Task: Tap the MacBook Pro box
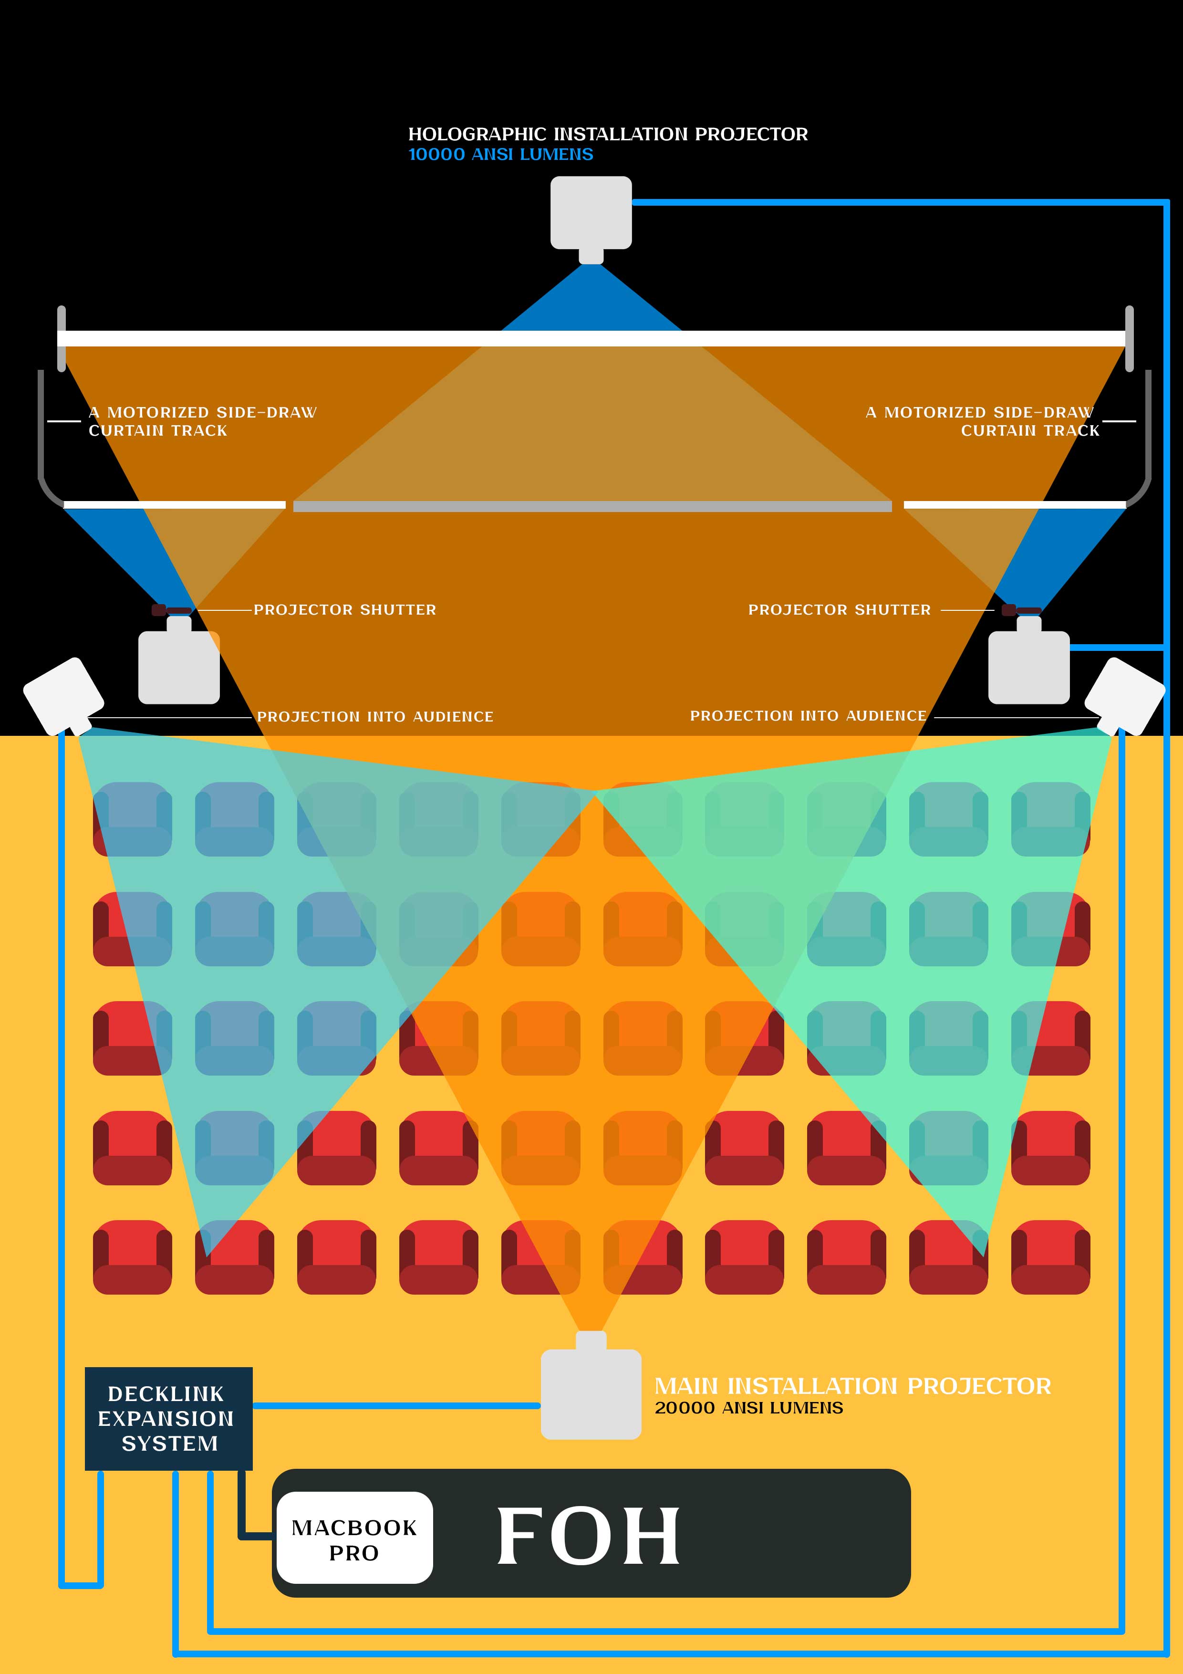click(354, 1539)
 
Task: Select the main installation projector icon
click(591, 1392)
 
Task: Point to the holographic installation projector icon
click(591, 213)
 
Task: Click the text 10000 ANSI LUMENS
click(501, 155)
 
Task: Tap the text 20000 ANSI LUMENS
click(748, 1408)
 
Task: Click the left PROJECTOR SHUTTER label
click(345, 609)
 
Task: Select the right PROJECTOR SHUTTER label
click(839, 609)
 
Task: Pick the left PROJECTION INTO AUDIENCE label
click(374, 717)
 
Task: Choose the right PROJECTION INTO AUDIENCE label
click(808, 716)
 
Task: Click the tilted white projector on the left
click(63, 695)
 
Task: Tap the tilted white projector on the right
click(1124, 695)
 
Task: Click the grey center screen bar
click(592, 506)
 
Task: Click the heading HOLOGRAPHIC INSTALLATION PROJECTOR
click(607, 134)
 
